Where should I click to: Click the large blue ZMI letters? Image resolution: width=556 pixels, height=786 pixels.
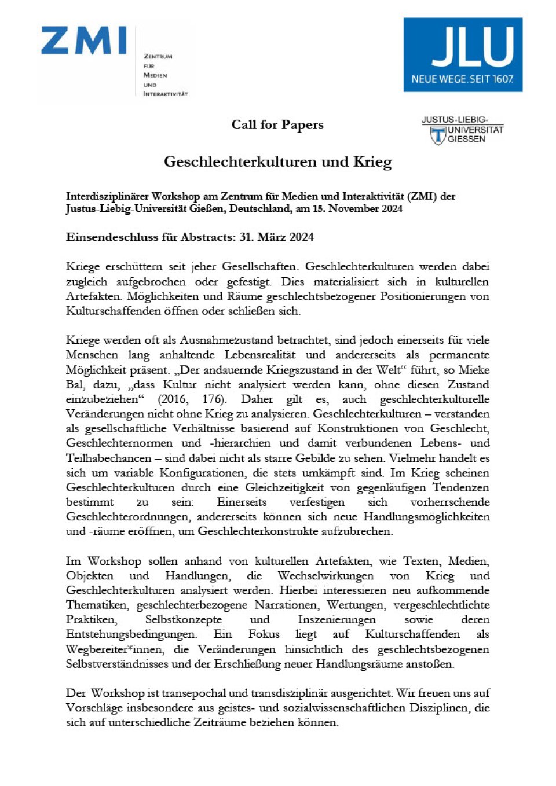click(84, 41)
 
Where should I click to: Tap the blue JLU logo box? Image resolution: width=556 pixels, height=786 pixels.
click(463, 54)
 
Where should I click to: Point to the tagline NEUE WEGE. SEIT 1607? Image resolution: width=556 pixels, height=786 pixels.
click(462, 79)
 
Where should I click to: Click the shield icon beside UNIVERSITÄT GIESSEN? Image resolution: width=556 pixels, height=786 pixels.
click(438, 136)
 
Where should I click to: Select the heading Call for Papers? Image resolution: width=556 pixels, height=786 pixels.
click(277, 125)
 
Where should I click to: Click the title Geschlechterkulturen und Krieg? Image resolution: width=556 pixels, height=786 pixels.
click(278, 161)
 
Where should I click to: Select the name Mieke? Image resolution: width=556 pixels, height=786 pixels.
click(474, 370)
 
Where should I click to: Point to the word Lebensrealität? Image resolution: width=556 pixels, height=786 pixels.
click(260, 355)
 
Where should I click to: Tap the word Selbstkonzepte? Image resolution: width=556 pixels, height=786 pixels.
click(183, 620)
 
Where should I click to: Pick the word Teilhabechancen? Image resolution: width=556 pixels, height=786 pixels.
click(109, 458)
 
